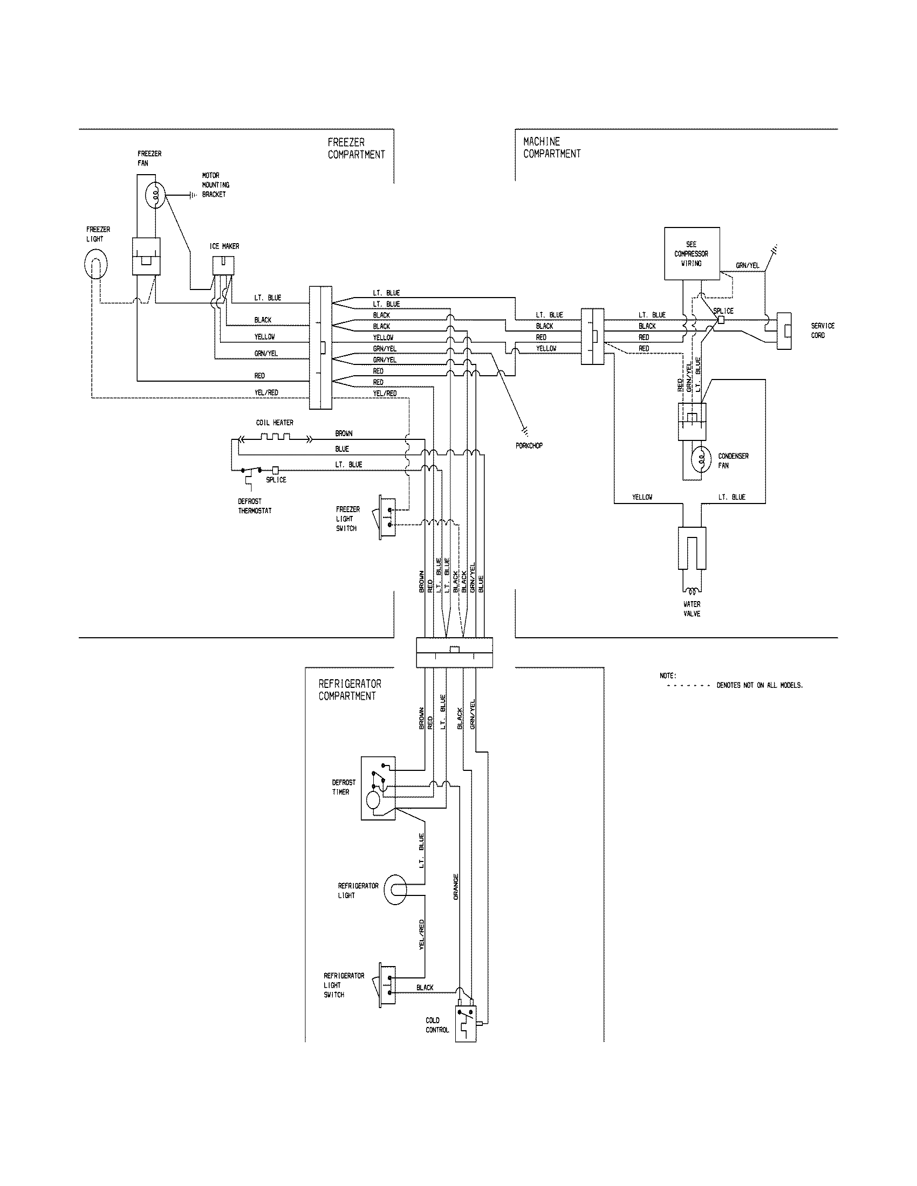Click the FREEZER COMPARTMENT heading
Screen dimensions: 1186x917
tap(356, 148)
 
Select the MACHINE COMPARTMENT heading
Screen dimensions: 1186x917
tap(551, 148)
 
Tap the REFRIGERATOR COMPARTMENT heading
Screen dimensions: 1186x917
tap(350, 689)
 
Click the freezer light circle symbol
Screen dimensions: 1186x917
tap(96, 266)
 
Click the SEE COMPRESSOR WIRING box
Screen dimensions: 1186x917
tap(692, 253)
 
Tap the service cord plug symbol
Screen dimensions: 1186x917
tap(784, 330)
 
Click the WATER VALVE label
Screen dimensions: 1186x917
tap(692, 609)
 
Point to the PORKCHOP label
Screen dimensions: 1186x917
tap(529, 446)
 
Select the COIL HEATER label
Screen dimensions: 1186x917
tap(275, 423)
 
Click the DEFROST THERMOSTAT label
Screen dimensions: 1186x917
tap(254, 506)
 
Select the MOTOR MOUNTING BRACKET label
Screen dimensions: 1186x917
tap(215, 185)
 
